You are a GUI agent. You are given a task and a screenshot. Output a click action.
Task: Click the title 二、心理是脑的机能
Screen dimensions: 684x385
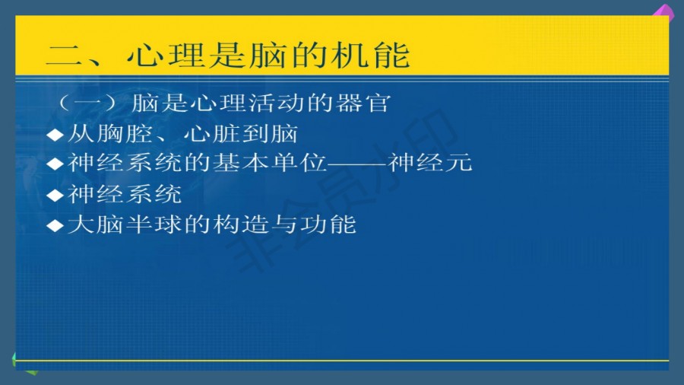pyautogui.click(x=228, y=55)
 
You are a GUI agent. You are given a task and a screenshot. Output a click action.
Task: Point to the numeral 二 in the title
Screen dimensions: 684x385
pyautogui.click(x=64, y=56)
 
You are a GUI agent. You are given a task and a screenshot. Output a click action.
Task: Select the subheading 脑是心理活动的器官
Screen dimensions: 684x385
pyautogui.click(x=261, y=103)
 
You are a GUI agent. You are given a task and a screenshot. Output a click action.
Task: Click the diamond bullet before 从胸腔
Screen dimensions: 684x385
pyautogui.click(x=55, y=135)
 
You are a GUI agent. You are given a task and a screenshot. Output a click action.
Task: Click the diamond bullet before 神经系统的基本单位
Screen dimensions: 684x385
pyautogui.click(x=55, y=164)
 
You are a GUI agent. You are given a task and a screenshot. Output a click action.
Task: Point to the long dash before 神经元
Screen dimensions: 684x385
pyautogui.click(x=357, y=164)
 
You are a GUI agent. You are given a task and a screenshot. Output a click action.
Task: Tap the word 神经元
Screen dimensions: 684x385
pyautogui.click(x=429, y=162)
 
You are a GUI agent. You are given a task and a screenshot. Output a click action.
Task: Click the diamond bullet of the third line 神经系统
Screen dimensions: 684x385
pyautogui.click(x=55, y=195)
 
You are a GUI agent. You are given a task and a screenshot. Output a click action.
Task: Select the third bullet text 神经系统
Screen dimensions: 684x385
pyautogui.click(x=125, y=194)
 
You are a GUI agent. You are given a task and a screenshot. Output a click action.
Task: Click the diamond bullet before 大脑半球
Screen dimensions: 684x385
pyautogui.click(x=55, y=226)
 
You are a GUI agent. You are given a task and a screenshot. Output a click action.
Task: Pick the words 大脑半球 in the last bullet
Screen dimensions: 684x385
pyautogui.click(x=125, y=224)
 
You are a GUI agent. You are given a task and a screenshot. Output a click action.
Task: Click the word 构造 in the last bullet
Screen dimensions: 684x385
pyautogui.click(x=241, y=224)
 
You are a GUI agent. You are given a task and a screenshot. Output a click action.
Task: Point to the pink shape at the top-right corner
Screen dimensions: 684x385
pyautogui.click(x=664, y=11)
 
